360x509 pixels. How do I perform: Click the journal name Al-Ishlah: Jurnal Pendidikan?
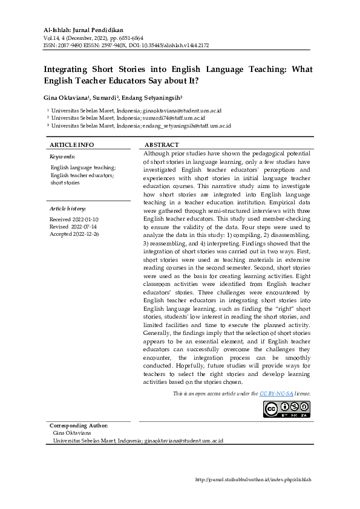coord(83,30)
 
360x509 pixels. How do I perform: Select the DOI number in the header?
coord(188,45)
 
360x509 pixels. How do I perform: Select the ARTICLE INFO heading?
coord(71,145)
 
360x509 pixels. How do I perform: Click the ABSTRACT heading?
coord(162,145)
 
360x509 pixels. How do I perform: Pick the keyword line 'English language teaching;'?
coord(83,167)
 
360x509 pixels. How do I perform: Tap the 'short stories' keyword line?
coord(65,182)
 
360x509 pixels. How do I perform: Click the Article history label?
coord(67,208)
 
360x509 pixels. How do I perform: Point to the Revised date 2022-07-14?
coord(74,226)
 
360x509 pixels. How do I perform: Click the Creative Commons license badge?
coord(286,409)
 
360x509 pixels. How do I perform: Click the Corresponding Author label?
coord(79,426)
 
